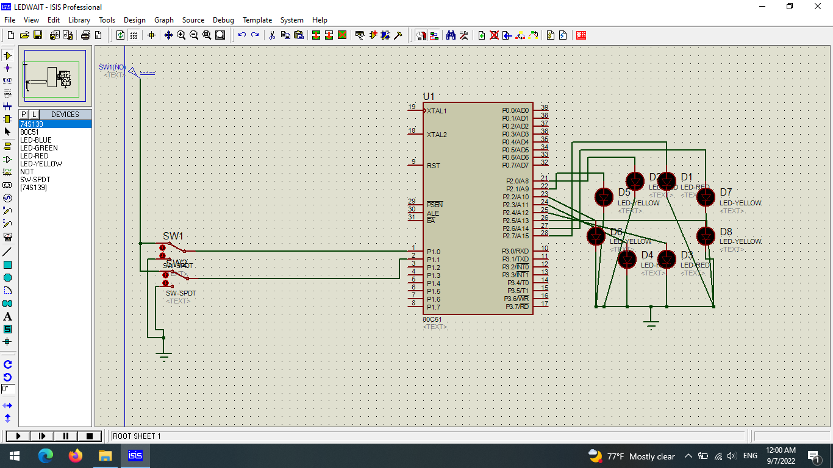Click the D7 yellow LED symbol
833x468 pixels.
[706, 197]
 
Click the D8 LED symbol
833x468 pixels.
[706, 235]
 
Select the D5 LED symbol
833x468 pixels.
[604, 197]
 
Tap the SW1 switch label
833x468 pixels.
[173, 236]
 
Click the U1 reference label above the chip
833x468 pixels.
[429, 96]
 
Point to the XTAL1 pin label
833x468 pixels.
[437, 111]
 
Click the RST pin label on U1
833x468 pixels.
[433, 166]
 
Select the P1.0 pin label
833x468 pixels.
[433, 252]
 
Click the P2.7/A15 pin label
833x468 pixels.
[515, 236]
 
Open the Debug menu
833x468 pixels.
[223, 20]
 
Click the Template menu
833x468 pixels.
[257, 20]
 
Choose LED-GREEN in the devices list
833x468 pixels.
[39, 148]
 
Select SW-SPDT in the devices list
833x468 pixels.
[35, 180]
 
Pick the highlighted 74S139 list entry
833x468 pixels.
[32, 124]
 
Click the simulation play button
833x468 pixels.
[18, 436]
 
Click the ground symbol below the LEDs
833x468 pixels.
[651, 323]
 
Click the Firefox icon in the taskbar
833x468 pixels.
[76, 456]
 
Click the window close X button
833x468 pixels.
[818, 7]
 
